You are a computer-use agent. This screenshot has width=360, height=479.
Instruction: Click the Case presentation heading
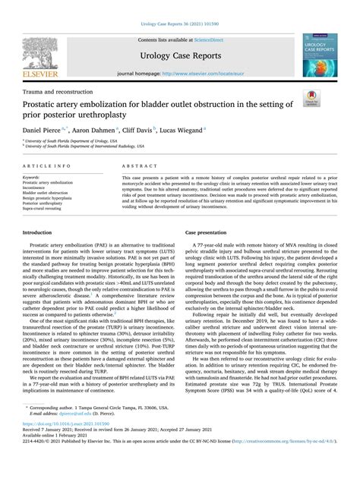click(210, 212)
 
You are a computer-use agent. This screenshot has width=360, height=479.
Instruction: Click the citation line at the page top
click(180, 6)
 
